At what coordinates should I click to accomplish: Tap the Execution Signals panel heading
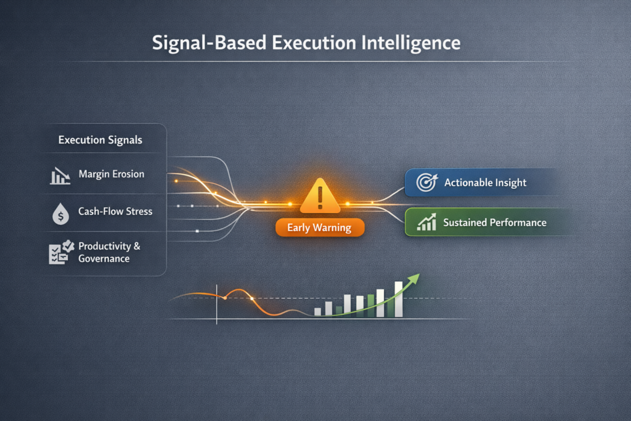click(x=100, y=140)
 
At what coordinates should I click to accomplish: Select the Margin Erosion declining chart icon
click(x=60, y=176)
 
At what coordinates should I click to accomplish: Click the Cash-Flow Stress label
click(x=115, y=211)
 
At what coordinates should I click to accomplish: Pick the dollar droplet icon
click(x=60, y=213)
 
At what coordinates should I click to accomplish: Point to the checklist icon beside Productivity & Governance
click(x=60, y=251)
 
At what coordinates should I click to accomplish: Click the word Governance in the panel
click(x=104, y=259)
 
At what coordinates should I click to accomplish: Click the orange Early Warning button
click(x=319, y=228)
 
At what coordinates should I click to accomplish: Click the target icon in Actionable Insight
click(x=426, y=182)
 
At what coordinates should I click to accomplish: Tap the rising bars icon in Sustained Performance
click(x=426, y=223)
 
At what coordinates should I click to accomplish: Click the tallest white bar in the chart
click(x=399, y=299)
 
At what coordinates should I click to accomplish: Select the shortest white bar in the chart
click(x=318, y=312)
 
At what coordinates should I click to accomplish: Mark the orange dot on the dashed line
click(x=225, y=298)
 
